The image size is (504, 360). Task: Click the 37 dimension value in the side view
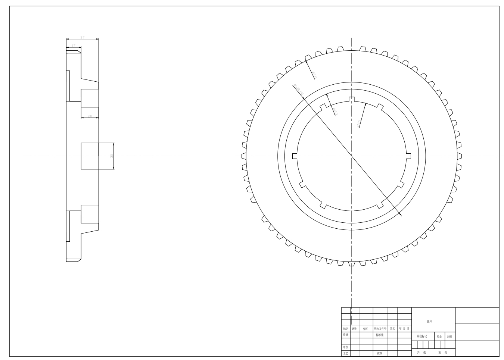coord(83,37)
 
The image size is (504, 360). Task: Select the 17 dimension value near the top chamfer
coord(74,46)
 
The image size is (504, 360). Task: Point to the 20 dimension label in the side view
coord(90,116)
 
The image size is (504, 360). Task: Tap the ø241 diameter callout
coord(314,75)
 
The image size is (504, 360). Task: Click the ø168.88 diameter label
coord(299,90)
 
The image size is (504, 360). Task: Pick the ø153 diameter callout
coord(335,112)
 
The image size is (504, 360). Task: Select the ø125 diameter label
coord(358,123)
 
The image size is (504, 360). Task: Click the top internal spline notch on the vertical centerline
coord(351,99)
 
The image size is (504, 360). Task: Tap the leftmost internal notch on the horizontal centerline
coord(295,156)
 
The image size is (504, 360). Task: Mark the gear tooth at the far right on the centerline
coord(460,156)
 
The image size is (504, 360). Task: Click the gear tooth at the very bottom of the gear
coord(351,264)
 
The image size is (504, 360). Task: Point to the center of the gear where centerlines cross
coord(351,156)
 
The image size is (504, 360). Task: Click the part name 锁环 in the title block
coord(430,321)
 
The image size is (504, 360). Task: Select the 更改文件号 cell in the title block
coord(380,329)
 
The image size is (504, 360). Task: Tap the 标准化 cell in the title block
coord(380,335)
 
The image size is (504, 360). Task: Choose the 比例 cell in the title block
coord(449,336)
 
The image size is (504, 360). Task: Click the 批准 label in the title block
coord(380,353)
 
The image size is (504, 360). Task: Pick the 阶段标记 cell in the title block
coord(422,336)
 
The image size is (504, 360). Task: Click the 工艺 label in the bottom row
coord(346,353)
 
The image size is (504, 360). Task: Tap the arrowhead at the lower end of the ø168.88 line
coord(401,215)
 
